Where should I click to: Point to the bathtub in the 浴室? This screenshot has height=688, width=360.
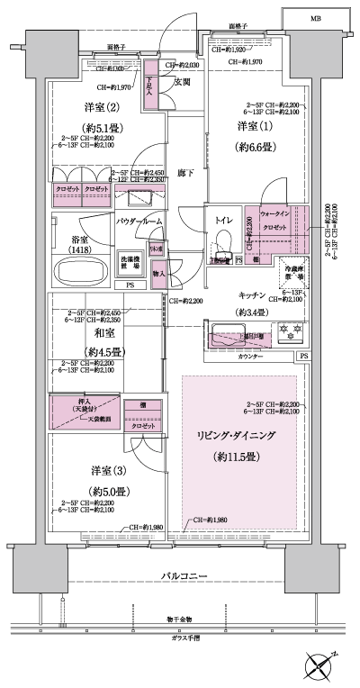click(77, 272)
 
